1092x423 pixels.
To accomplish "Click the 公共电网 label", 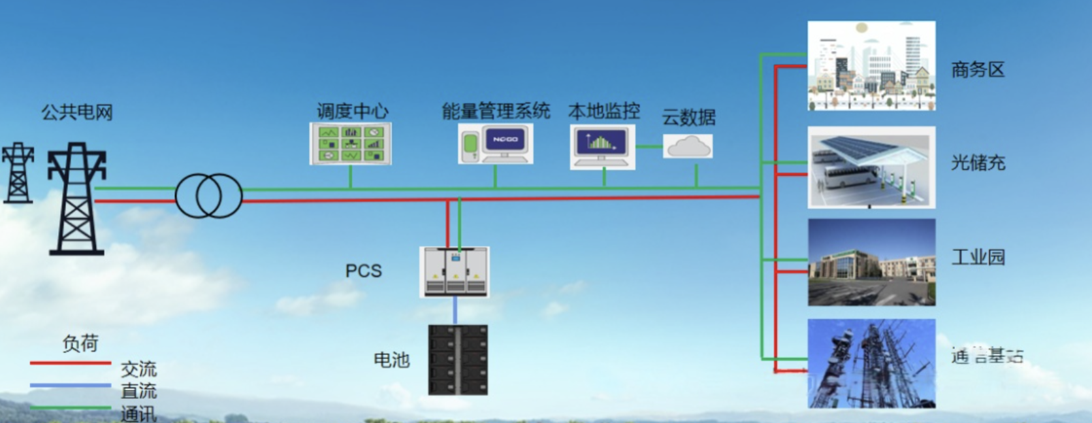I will tap(77, 112).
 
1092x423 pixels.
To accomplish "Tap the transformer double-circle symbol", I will tap(208, 195).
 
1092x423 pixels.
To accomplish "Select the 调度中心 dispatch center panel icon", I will tap(351, 143).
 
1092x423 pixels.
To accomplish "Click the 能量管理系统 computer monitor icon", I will tap(505, 143).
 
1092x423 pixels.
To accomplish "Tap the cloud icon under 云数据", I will tap(688, 146).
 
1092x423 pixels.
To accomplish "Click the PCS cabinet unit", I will tap(455, 271).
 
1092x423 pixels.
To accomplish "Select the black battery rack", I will tap(458, 360).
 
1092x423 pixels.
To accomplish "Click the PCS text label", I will tap(363, 271).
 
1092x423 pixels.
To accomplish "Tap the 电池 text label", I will tap(391, 360).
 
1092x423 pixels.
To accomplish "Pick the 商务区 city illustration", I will tap(871, 65).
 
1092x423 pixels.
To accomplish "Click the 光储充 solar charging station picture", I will tap(871, 167).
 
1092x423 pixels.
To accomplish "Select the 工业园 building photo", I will tap(871, 262).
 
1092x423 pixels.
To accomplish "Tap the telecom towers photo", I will tap(871, 364).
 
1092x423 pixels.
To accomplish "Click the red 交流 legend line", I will tap(71, 363).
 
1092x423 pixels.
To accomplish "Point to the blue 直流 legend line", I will tap(71, 385).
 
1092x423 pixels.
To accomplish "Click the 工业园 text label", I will tap(978, 257).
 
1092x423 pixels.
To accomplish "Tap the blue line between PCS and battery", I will tap(455, 311).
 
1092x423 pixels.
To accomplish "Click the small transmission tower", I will tap(18, 173).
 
